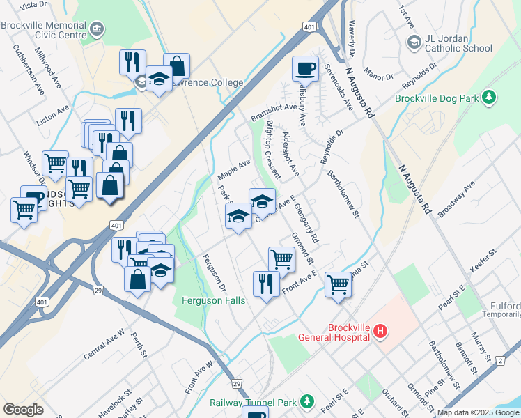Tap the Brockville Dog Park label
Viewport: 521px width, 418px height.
(437, 98)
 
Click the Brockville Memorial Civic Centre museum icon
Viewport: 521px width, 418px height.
(98, 29)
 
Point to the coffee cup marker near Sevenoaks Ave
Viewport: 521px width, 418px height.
(304, 69)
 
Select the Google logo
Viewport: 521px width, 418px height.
(24, 410)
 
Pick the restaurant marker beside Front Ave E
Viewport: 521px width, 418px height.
(265, 284)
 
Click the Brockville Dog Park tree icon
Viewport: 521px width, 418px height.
(490, 98)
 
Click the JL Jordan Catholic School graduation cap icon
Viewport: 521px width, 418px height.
(414, 43)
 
